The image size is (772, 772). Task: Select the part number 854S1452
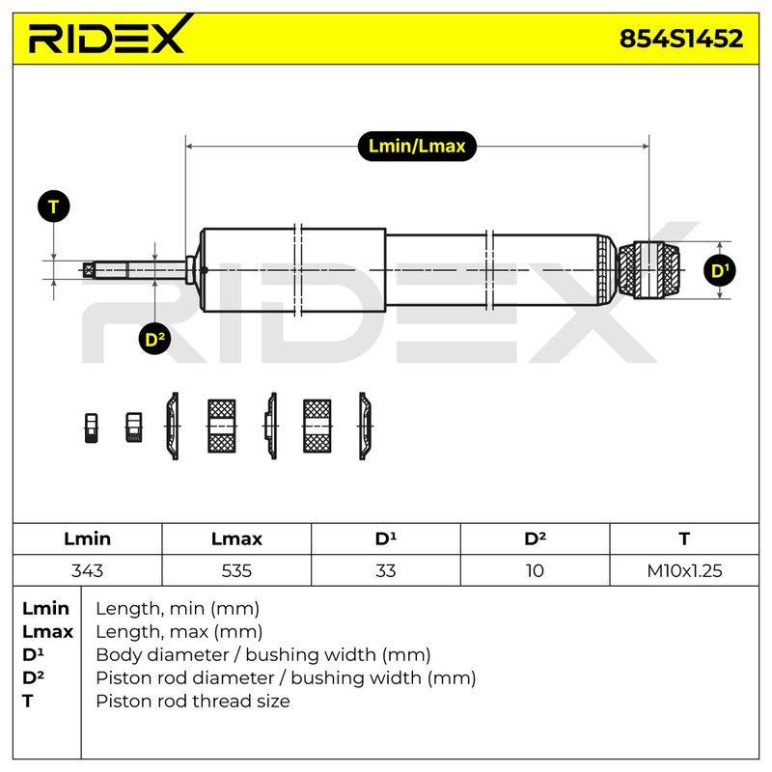(x=681, y=39)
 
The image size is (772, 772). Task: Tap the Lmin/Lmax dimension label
(x=417, y=147)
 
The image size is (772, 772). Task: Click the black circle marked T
(x=54, y=207)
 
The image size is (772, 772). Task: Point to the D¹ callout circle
(x=720, y=270)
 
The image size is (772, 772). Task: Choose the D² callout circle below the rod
(x=155, y=340)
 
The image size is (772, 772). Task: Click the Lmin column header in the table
(x=87, y=538)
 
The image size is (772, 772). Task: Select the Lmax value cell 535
(x=236, y=570)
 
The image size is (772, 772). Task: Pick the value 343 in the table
(x=87, y=570)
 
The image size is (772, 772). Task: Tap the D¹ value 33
(x=385, y=570)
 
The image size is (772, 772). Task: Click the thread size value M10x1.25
(x=684, y=570)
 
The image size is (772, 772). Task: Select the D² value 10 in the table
(x=535, y=570)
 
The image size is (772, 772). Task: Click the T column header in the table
(x=684, y=538)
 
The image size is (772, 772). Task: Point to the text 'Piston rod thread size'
(x=193, y=701)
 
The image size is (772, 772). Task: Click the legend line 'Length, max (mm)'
(x=179, y=631)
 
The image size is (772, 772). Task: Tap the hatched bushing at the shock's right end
(x=648, y=270)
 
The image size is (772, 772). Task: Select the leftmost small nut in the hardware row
(x=91, y=427)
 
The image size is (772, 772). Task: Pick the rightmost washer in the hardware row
(x=365, y=427)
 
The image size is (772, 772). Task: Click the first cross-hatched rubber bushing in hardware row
(x=222, y=426)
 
